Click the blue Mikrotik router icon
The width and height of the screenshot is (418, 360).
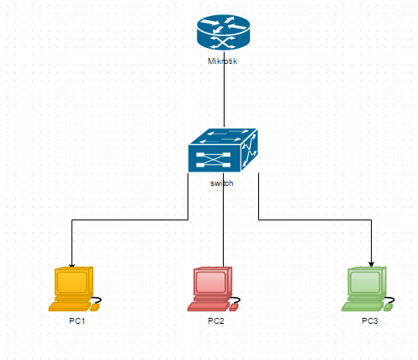click(223, 32)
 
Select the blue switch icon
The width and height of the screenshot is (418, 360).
click(223, 151)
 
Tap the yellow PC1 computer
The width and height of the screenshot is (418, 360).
click(75, 289)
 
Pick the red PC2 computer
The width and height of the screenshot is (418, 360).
click(214, 289)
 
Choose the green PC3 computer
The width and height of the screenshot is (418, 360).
click(368, 289)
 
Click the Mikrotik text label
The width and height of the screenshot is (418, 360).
click(222, 61)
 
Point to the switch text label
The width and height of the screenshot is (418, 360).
click(222, 183)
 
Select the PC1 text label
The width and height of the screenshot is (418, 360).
click(77, 320)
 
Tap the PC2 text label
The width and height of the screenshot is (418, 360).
click(216, 320)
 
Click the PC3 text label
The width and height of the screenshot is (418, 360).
click(370, 320)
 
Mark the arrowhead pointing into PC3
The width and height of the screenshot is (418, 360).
click(372, 264)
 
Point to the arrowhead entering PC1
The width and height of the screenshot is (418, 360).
click(72, 265)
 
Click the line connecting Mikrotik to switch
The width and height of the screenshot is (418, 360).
click(224, 88)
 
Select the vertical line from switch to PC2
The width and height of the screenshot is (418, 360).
click(224, 220)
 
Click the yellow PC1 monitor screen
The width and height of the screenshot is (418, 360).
click(72, 282)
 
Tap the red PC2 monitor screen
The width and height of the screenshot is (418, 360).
click(211, 282)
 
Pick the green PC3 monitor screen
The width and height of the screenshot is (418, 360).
click(365, 282)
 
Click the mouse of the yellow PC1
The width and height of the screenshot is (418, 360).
click(95, 308)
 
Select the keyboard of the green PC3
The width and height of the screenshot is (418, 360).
click(362, 306)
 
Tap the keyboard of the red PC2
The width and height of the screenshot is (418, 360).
click(209, 306)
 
